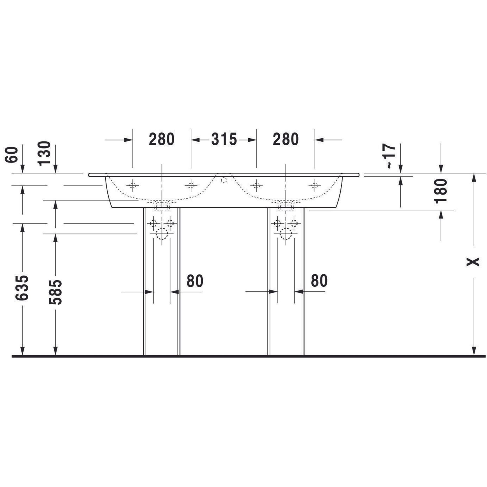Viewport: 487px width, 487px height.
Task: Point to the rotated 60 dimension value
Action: pyautogui.click(x=12, y=155)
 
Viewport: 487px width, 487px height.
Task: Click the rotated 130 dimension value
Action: pyautogui.click(x=44, y=153)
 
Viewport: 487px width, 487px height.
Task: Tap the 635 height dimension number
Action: pyautogui.click(x=22, y=288)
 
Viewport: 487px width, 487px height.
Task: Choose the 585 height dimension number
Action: pyautogui.click(x=55, y=292)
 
